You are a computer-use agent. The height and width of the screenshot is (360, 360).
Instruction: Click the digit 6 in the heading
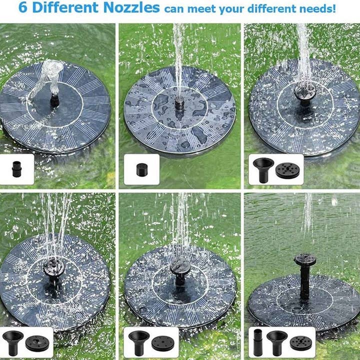point(23,8)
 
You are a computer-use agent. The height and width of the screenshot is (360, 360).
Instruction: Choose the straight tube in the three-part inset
point(258,342)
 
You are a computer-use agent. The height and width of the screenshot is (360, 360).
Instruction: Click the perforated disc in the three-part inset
point(300,342)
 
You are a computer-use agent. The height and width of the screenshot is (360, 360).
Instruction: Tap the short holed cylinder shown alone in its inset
point(142,169)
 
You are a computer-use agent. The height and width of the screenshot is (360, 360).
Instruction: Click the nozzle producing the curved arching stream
point(54,99)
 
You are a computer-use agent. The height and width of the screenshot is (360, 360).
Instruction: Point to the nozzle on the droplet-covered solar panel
point(179,103)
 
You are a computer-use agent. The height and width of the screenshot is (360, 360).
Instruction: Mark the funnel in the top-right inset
point(263,169)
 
